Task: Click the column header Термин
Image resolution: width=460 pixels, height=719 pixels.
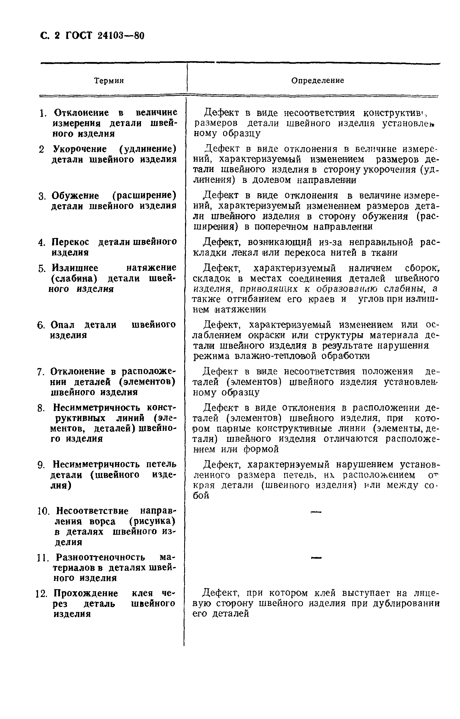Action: point(109,81)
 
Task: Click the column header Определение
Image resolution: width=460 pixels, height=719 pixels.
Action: point(317,80)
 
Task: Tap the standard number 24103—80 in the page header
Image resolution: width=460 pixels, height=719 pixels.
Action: point(121,36)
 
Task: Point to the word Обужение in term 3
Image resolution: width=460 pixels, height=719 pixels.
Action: point(75,196)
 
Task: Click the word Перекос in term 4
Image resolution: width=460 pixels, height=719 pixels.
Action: point(70,242)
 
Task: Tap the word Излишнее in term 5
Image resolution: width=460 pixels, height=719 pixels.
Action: point(75,268)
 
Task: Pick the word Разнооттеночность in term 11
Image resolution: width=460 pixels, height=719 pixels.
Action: point(100,557)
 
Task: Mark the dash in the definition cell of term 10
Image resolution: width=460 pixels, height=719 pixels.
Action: point(316,512)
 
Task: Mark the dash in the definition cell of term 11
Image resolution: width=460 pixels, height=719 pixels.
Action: point(316,557)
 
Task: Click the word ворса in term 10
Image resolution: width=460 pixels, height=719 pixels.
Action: point(102,522)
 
